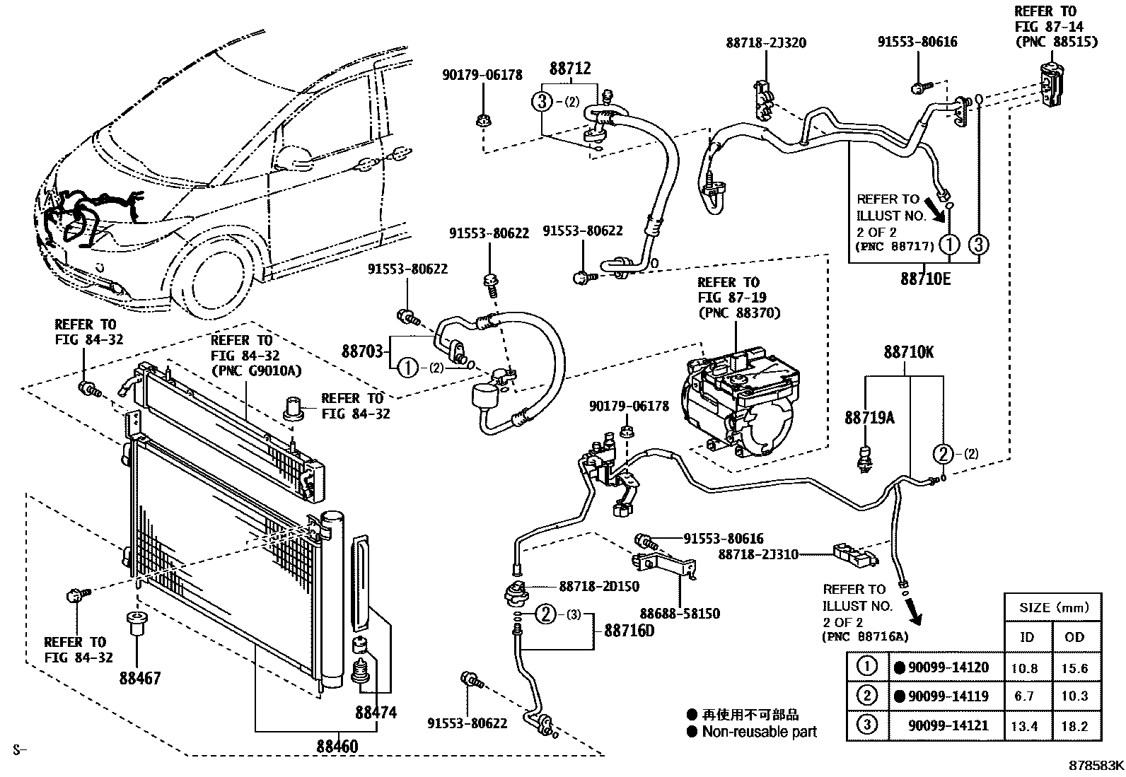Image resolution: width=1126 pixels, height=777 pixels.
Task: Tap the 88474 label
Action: coord(376,713)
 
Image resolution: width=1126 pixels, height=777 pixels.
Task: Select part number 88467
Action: coord(140,678)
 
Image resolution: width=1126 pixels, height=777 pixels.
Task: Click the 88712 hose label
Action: coord(570,69)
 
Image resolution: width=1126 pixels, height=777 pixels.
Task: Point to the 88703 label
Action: coord(362,351)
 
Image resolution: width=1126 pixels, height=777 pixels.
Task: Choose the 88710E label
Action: coord(925,279)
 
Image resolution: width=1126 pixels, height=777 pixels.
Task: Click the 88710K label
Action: coord(908,351)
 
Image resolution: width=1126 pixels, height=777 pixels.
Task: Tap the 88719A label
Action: coord(869,418)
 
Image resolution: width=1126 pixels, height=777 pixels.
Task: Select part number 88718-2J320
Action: coord(766,42)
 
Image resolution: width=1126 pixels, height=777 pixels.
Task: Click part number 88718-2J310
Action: coord(758,554)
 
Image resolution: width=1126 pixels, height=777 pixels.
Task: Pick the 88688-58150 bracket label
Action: coord(680,614)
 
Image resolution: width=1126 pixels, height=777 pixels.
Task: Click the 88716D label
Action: coord(629,631)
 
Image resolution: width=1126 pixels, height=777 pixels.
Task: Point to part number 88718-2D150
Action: coord(599,586)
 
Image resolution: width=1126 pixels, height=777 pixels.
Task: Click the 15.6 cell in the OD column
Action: coord(1074,668)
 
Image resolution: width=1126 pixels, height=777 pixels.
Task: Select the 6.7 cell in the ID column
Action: coord(1024,696)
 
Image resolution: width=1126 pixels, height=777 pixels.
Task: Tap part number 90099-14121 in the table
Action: coord(948,725)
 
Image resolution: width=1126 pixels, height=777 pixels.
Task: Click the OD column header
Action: coord(1074,636)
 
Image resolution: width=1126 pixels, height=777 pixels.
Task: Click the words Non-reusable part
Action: coord(759,732)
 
